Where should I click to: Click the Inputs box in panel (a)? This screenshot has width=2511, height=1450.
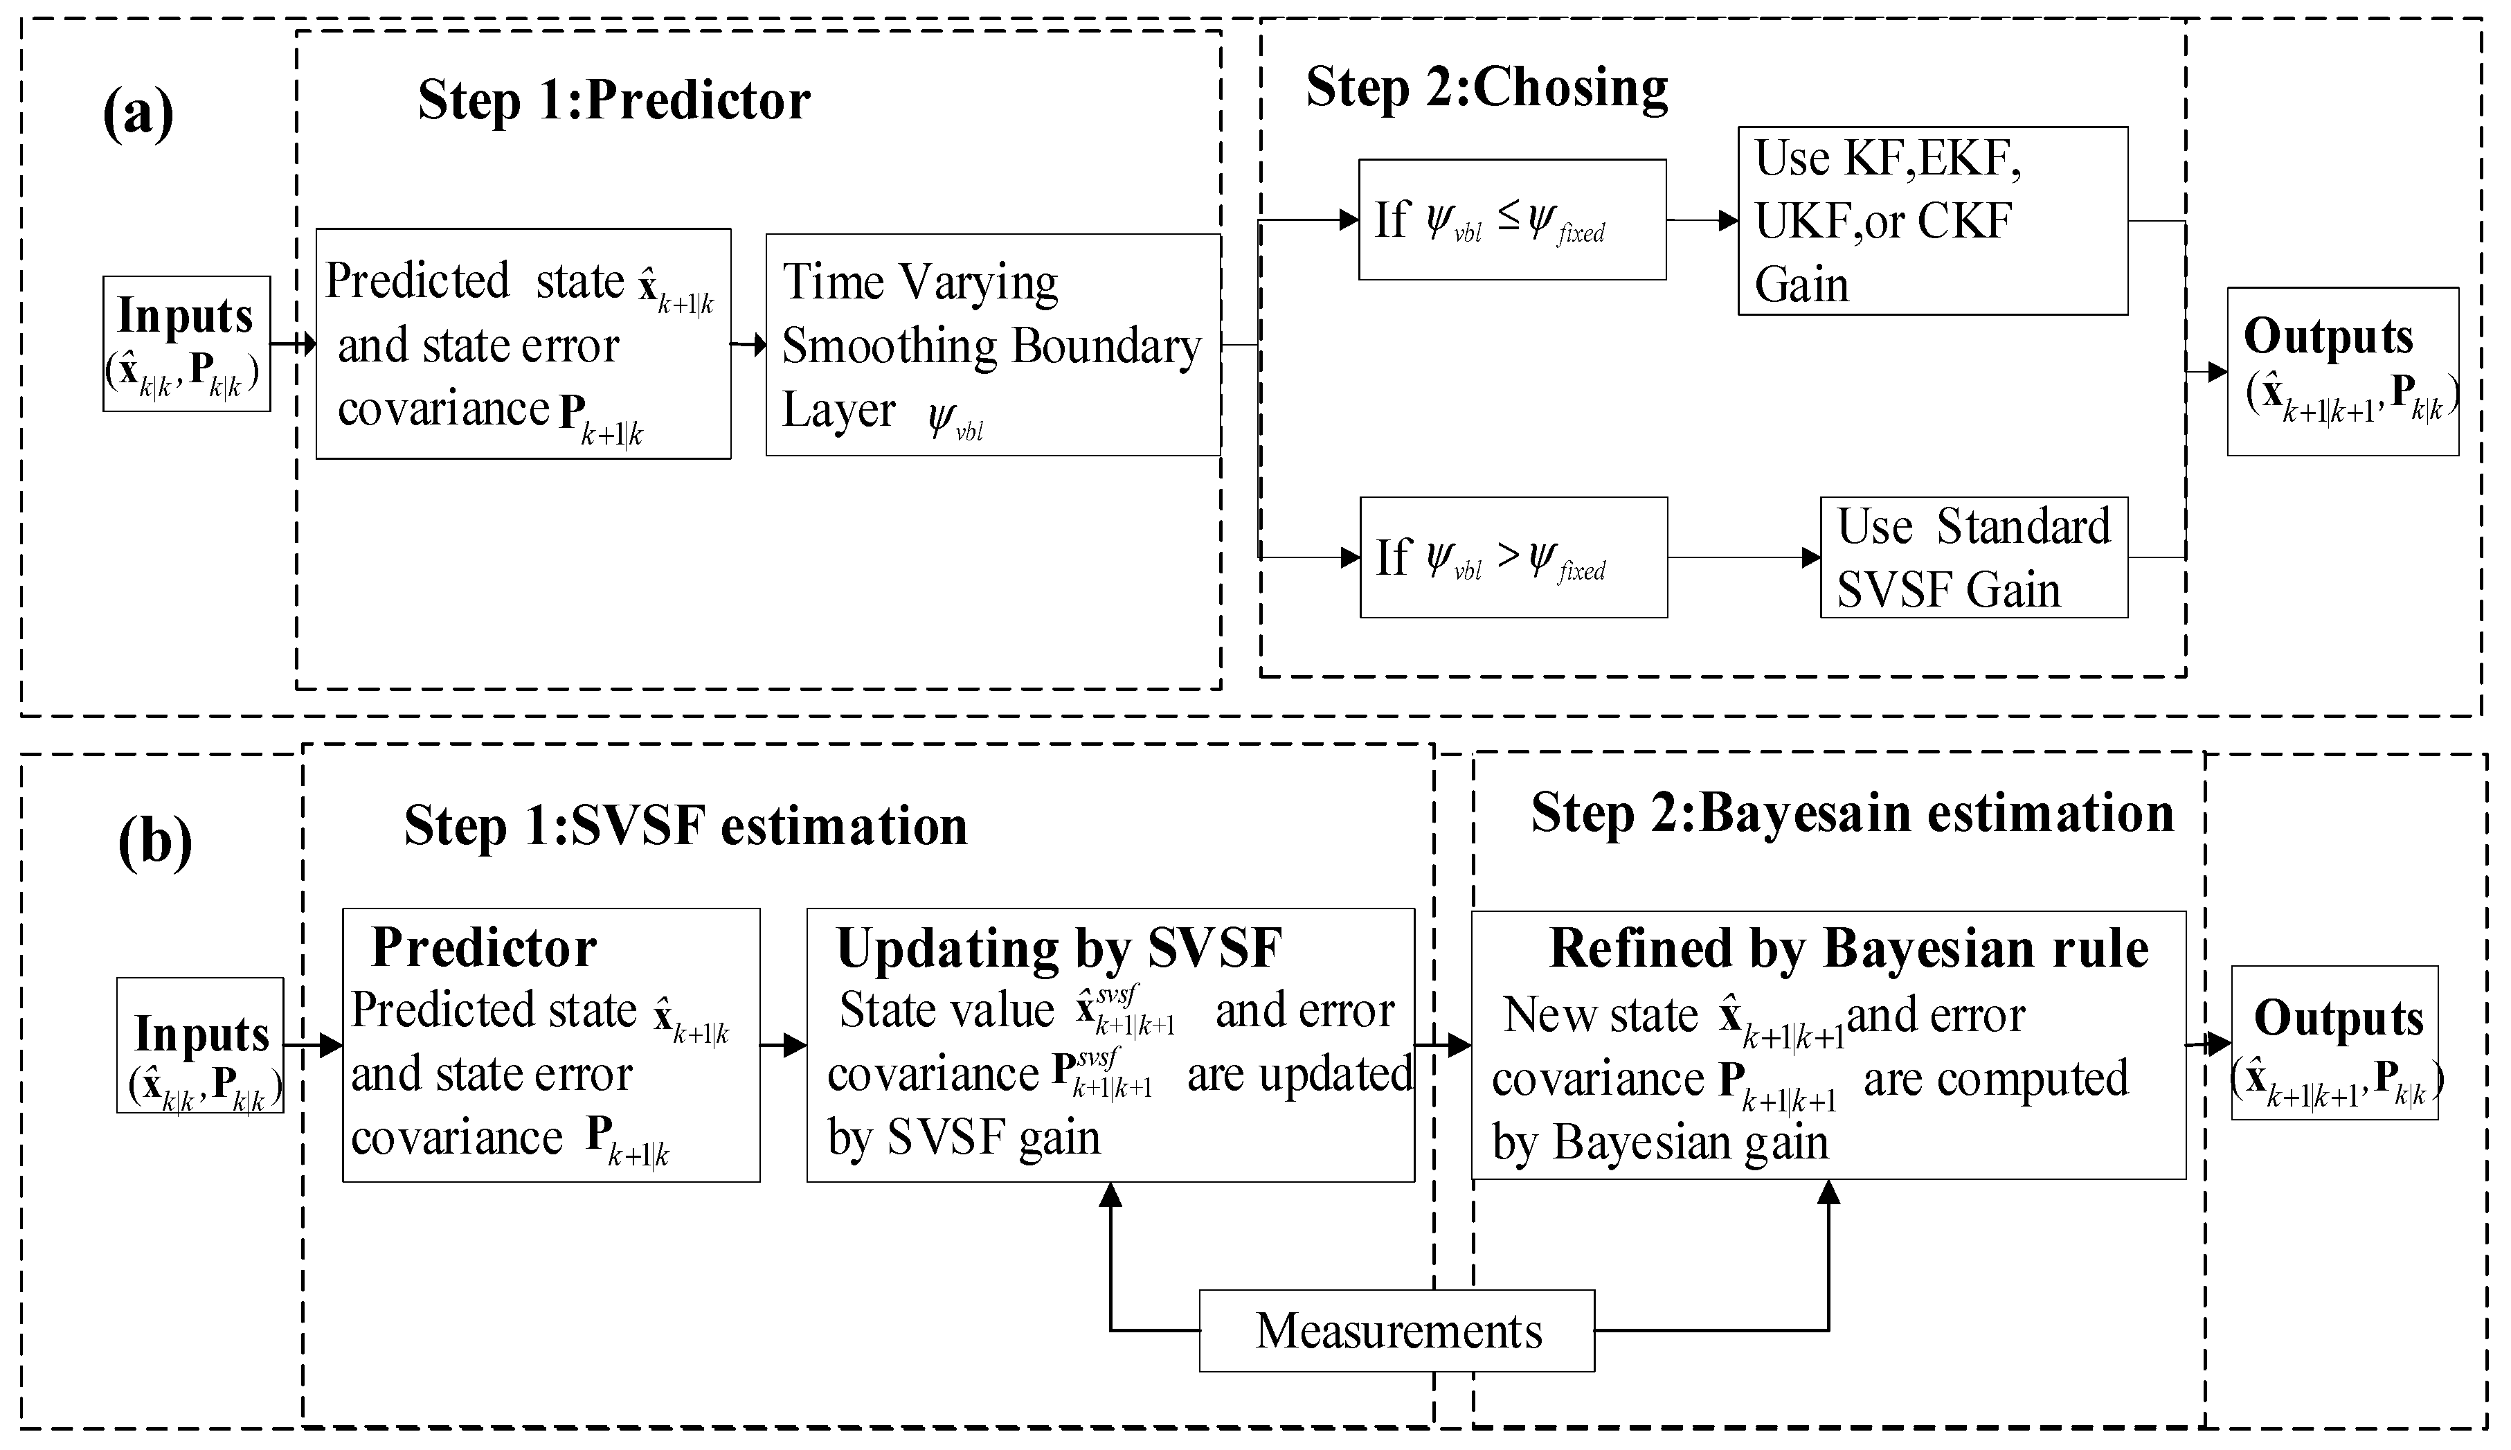186,343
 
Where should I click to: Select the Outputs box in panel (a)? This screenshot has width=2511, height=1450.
2342,371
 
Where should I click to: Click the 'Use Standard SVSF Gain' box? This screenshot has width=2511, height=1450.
1973,557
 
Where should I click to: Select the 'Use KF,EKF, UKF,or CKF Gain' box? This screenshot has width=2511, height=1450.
1932,221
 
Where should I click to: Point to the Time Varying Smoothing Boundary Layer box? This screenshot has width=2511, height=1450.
993,345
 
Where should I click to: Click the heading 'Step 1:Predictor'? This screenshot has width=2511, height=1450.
613,100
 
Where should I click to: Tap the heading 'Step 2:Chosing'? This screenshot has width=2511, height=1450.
1486,88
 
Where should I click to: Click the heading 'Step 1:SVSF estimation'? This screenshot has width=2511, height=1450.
685,825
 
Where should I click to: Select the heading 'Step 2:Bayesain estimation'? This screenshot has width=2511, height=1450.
1852,813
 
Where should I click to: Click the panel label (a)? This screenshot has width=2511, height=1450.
138,114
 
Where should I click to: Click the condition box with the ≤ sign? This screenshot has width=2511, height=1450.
1511,219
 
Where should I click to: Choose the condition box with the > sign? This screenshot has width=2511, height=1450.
1513,557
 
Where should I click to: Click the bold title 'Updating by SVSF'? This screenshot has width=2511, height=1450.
1059,948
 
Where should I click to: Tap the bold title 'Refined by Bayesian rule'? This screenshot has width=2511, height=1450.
1849,948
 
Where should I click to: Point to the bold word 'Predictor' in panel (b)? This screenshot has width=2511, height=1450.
484,947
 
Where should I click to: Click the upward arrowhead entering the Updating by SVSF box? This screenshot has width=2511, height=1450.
1110,1194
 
